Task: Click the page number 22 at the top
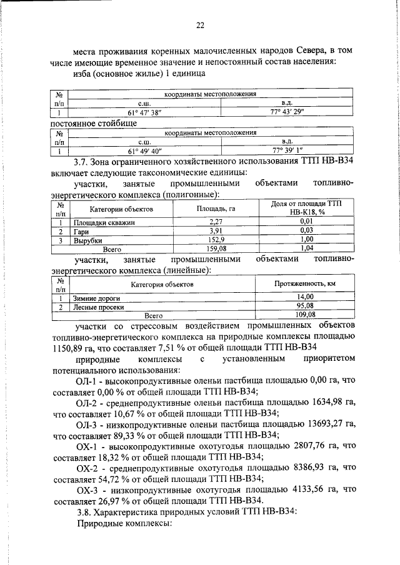[x=200, y=26]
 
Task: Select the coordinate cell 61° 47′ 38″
[x=145, y=114]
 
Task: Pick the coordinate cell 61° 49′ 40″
[x=145, y=151]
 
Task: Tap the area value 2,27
[x=216, y=222]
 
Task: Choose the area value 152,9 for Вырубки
[x=216, y=240]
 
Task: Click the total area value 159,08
[x=216, y=248]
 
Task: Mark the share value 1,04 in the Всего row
[x=306, y=248]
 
